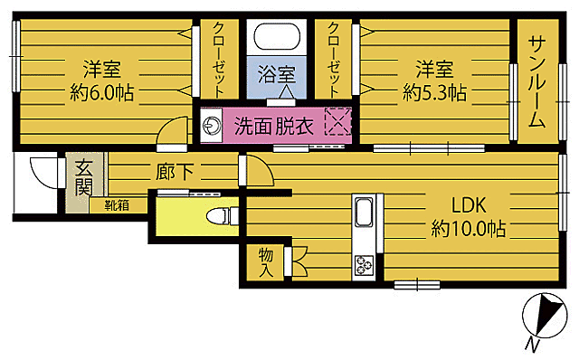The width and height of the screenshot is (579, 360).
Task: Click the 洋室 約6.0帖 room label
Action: coord(100,81)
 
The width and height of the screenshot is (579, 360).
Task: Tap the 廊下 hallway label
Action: coord(174,171)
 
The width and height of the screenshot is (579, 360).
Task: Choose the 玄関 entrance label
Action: coord(83,178)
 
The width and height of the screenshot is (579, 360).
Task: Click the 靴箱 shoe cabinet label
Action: coord(116,205)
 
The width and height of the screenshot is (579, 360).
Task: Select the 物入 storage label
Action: coord(266,262)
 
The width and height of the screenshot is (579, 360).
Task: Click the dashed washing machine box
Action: coord(337,123)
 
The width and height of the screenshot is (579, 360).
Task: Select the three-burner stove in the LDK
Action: coord(365,265)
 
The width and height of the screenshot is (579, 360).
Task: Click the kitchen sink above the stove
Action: coord(364,216)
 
